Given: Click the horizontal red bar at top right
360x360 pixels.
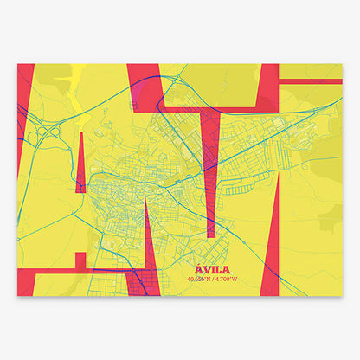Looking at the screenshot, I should pos(312,80).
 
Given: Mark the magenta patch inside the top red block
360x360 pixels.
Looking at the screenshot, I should pos(135,86).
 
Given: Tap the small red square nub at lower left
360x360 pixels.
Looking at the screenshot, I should pos(80,259).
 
